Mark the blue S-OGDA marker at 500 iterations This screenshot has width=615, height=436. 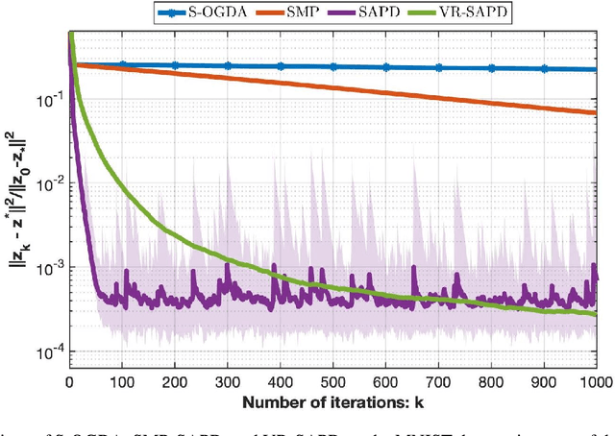[333, 67]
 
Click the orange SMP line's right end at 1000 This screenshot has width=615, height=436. [597, 112]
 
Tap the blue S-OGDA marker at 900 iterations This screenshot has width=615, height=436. [544, 69]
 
